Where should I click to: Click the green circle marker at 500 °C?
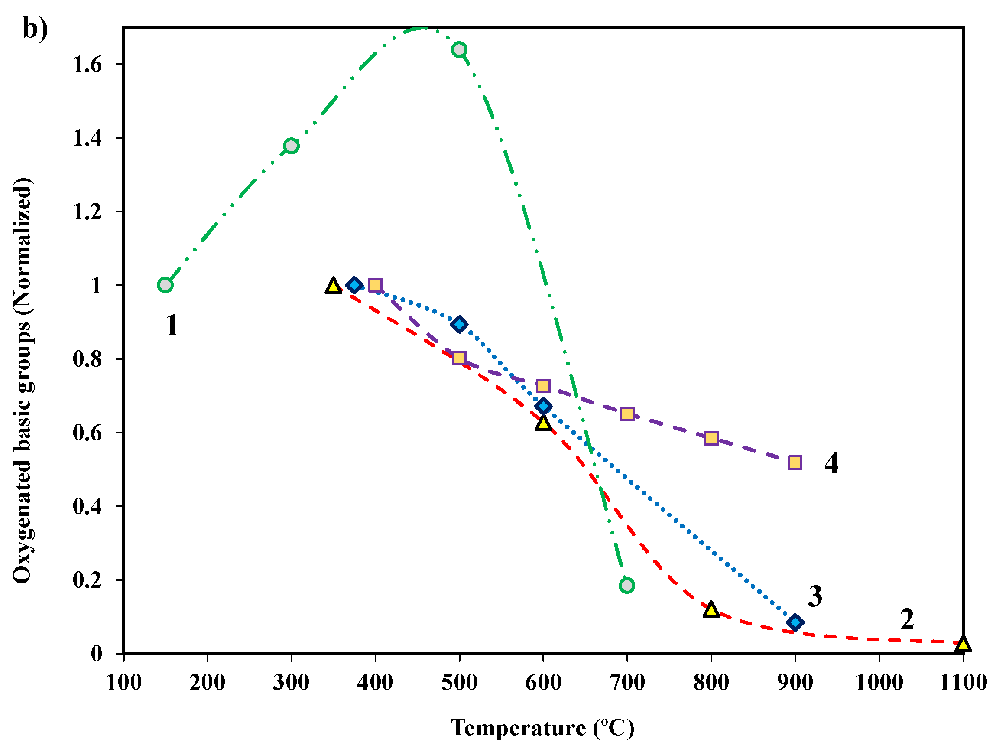click(x=459, y=49)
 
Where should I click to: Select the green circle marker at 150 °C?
click(x=165, y=285)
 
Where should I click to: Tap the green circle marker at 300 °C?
click(x=291, y=146)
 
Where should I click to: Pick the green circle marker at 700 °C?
click(x=627, y=586)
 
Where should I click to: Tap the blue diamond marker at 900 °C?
click(x=795, y=623)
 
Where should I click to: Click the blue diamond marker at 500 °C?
click(x=459, y=324)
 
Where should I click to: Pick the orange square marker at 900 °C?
click(x=795, y=462)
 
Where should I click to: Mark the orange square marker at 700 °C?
click(x=627, y=414)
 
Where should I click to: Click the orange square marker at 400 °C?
click(x=375, y=285)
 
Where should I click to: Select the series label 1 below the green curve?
click(x=172, y=325)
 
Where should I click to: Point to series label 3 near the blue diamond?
click(x=815, y=596)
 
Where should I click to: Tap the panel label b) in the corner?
click(x=35, y=30)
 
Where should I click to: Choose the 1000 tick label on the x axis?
click(x=879, y=682)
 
